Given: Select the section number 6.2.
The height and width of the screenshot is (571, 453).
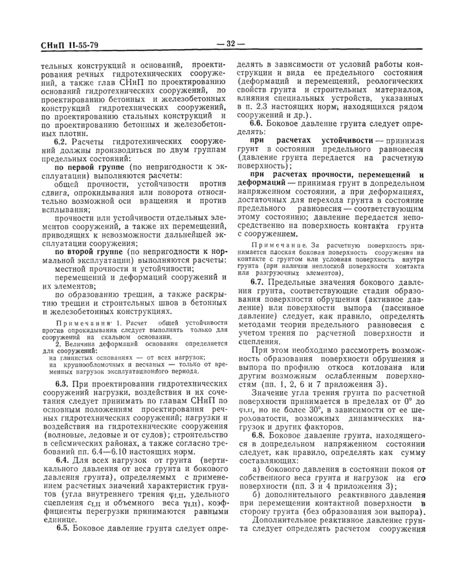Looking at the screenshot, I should tap(63, 141).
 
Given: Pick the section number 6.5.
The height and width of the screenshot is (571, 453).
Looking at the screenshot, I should tap(63, 546).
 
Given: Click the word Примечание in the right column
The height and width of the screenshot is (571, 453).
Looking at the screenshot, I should tap(274, 246).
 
